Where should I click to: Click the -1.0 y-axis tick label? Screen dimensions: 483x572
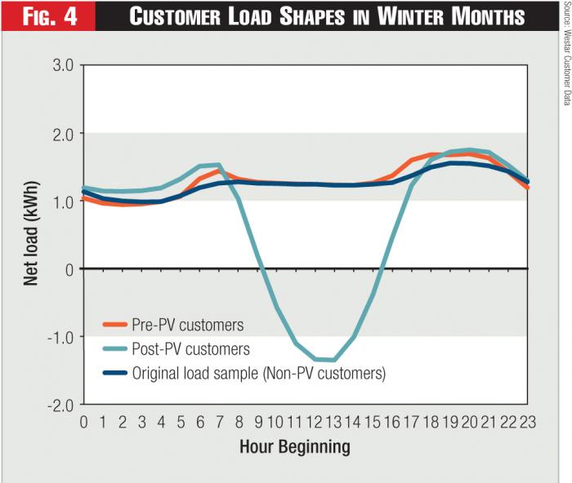[58, 337]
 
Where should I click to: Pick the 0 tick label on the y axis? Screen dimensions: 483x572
[69, 269]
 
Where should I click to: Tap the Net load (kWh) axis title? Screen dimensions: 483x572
[31, 234]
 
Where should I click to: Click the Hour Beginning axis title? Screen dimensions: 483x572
[295, 446]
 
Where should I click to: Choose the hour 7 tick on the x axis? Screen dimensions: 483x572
[218, 422]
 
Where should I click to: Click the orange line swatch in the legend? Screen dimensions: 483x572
[116, 325]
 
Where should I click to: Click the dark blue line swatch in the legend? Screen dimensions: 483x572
[116, 374]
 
